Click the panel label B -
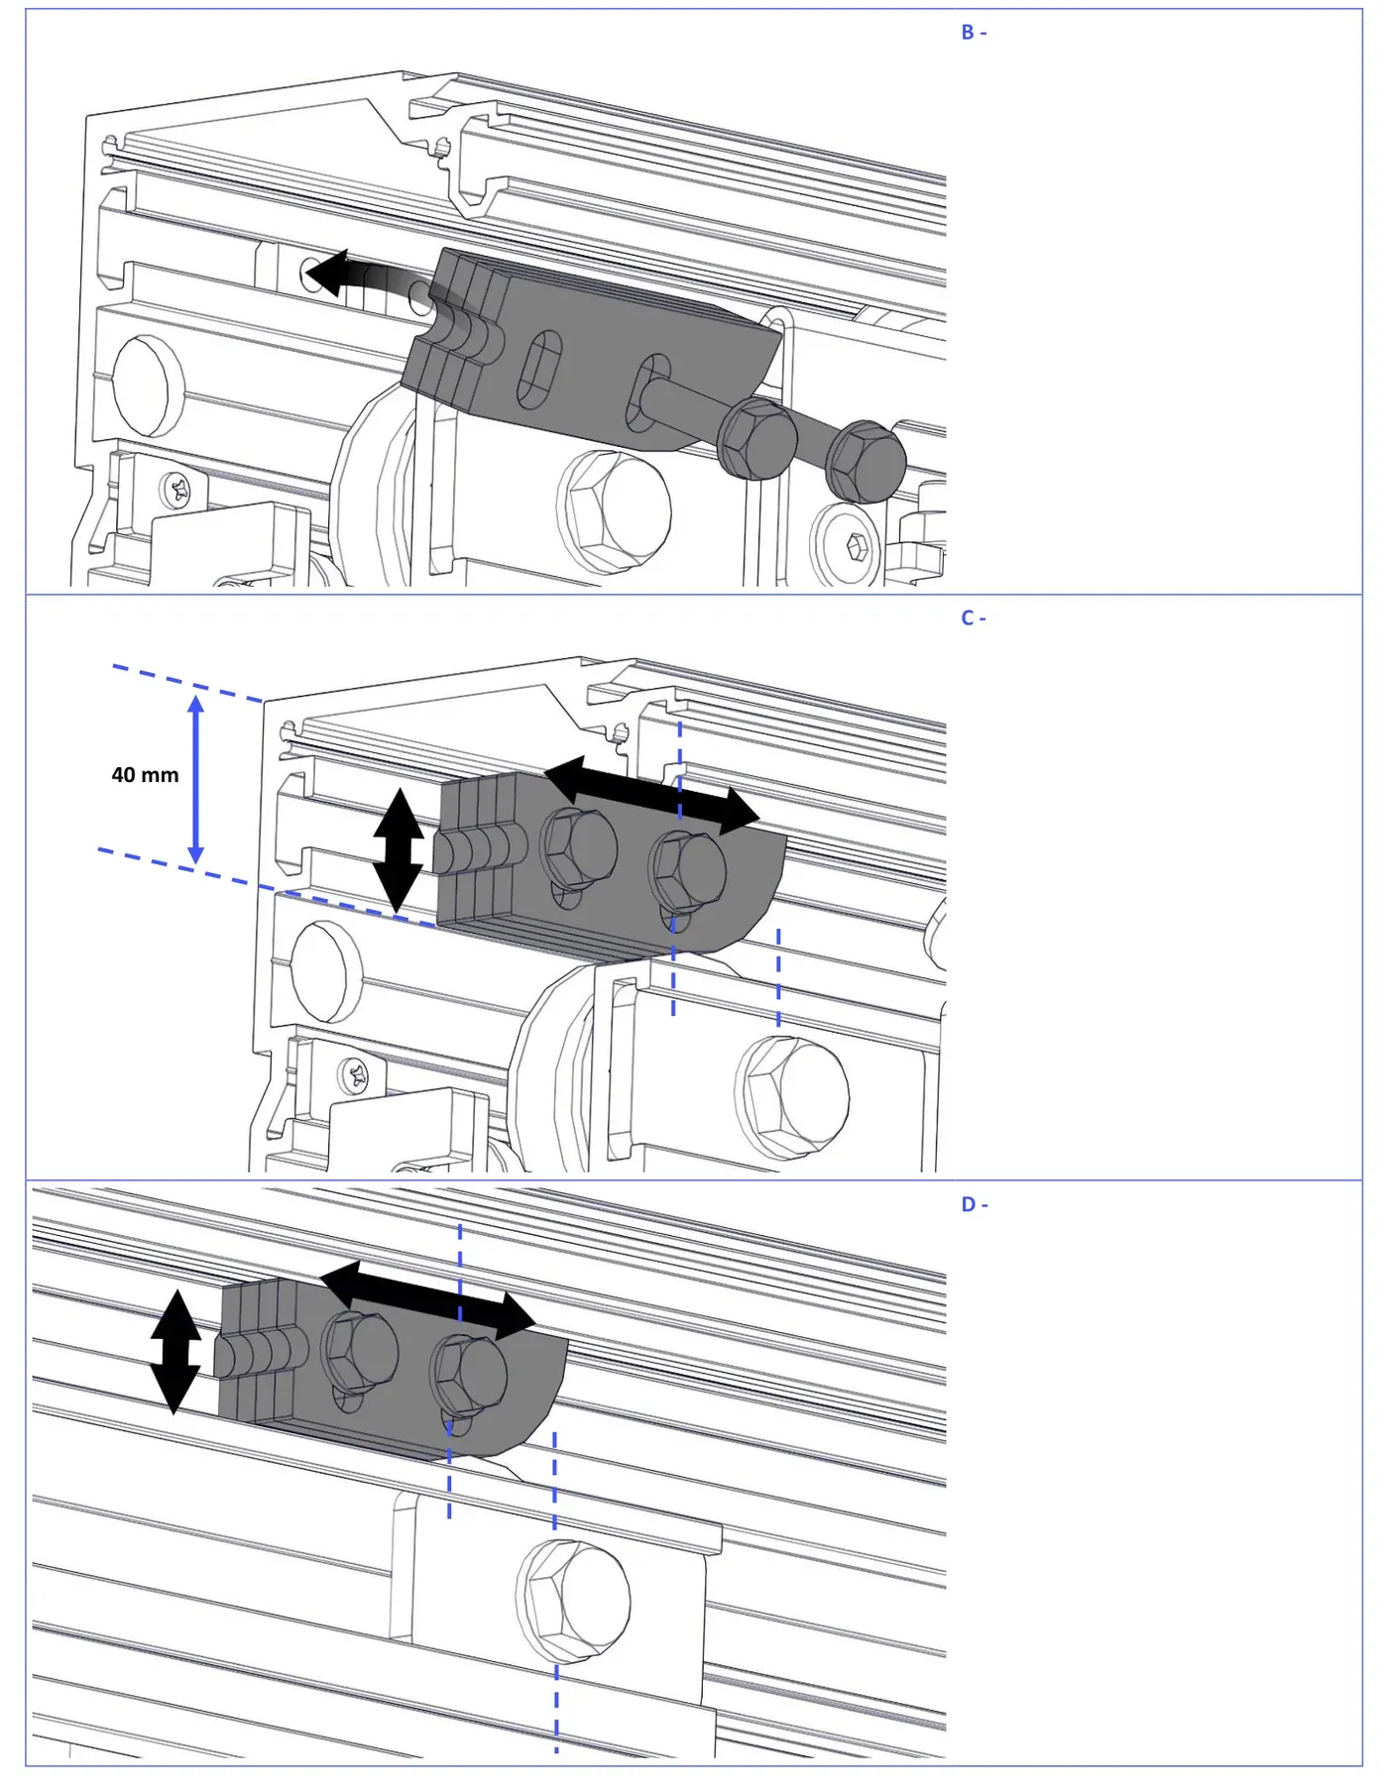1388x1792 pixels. [974, 33]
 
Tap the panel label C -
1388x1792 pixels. [974, 618]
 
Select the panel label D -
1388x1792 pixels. [975, 1204]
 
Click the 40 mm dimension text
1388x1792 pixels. [145, 775]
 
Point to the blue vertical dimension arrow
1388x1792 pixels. [196, 779]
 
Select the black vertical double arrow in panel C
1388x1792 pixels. [399, 850]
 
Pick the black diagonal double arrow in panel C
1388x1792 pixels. [651, 795]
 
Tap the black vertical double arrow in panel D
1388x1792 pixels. [175, 1352]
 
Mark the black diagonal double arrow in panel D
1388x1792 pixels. [427, 1300]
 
